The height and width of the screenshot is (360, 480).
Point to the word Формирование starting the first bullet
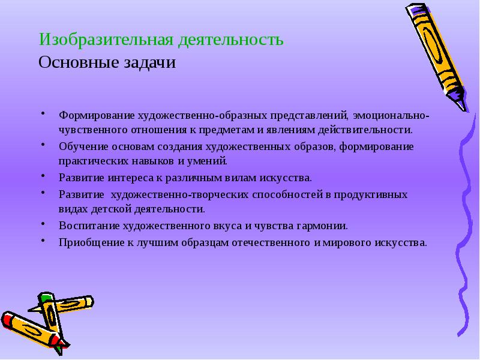coord(96,114)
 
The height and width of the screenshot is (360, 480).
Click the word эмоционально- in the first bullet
coord(391,114)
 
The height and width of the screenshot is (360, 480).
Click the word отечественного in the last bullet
coord(271,243)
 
